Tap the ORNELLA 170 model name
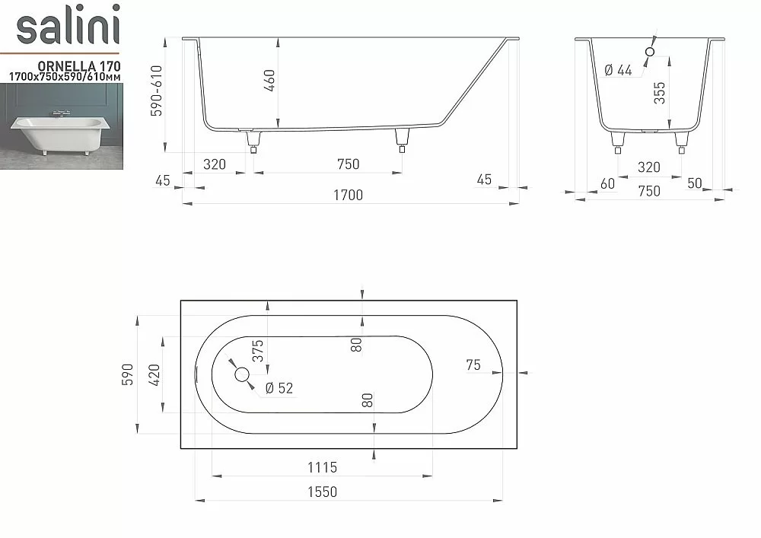tap(79, 66)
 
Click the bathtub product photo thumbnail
tap(62, 126)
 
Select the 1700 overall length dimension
tap(348, 195)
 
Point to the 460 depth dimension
tap(270, 80)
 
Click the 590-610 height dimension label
tap(156, 91)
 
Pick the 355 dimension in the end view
tap(659, 93)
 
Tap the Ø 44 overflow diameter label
tap(618, 70)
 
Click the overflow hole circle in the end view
tap(650, 52)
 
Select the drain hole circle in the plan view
tap(242, 374)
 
